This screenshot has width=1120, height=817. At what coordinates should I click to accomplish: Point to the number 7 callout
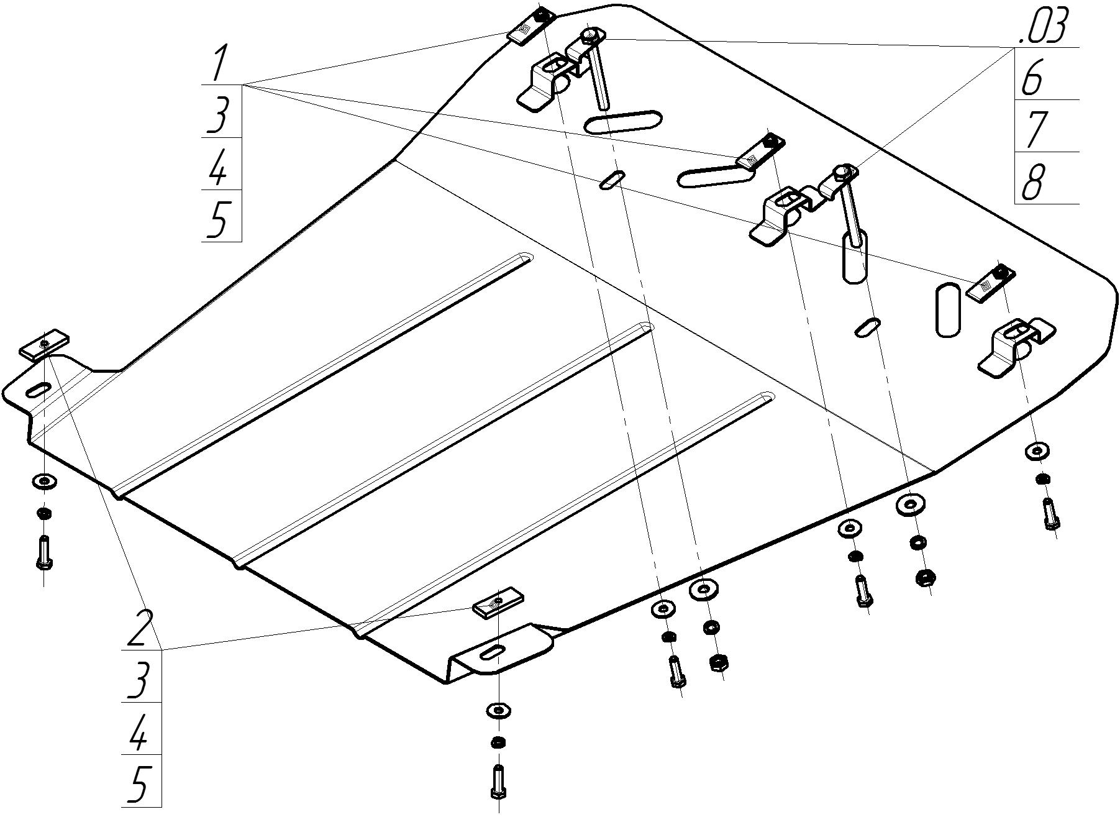pos(1032,130)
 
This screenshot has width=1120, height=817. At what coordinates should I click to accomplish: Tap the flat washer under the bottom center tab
pos(498,709)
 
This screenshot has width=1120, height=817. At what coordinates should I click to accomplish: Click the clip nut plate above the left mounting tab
pos(44,345)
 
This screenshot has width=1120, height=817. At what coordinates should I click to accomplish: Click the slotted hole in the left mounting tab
pos(39,390)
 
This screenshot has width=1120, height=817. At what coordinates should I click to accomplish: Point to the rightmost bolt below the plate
pos(1050,514)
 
